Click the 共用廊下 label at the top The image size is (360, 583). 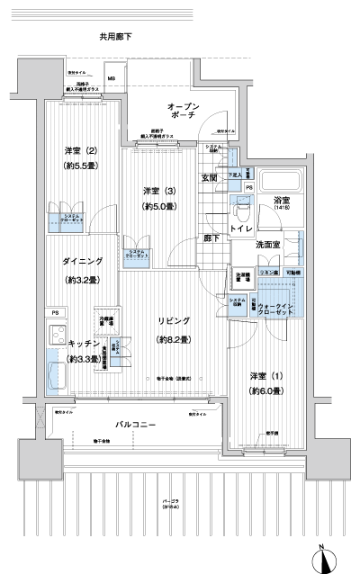point(115,36)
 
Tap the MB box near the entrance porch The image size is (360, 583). point(112,78)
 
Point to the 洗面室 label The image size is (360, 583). point(270,244)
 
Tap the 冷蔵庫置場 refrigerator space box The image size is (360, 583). point(104,319)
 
